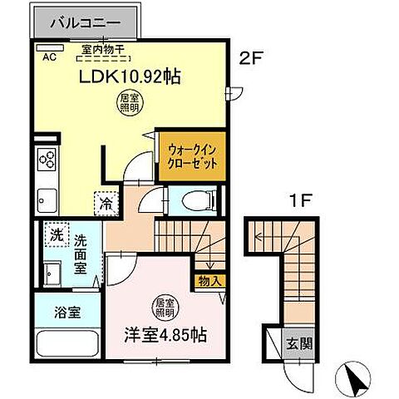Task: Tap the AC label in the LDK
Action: pyautogui.click(x=48, y=57)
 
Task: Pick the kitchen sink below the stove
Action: pyautogui.click(x=46, y=200)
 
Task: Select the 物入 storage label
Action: pyautogui.click(x=209, y=281)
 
